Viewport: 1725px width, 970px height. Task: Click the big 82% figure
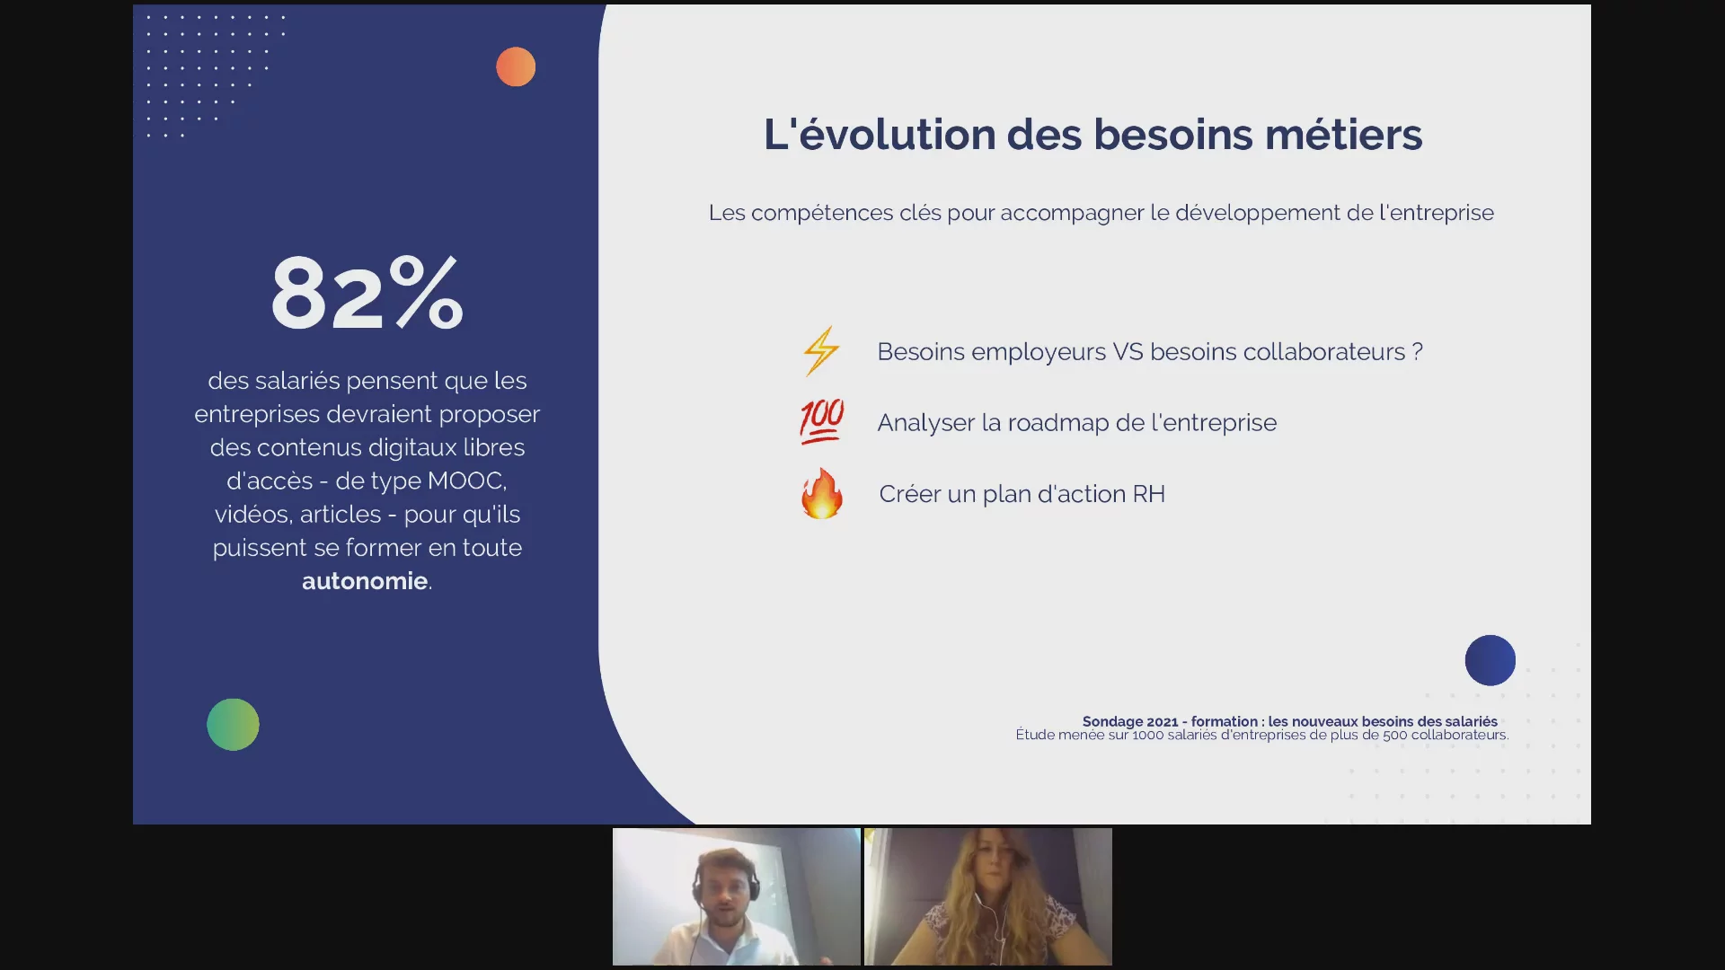[367, 293]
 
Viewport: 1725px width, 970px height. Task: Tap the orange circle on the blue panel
[516, 66]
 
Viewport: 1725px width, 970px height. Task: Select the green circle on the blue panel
[233, 724]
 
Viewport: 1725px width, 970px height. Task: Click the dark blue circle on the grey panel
[1490, 660]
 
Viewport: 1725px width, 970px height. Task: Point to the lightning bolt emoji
[821, 350]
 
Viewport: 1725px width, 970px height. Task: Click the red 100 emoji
[821, 421]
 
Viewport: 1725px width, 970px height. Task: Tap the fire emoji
[821, 493]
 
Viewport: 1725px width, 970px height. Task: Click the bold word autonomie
[365, 581]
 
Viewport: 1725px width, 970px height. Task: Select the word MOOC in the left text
[466, 481]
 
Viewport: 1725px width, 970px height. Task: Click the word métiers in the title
[1343, 135]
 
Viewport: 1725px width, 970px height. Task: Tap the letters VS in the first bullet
[1128, 351]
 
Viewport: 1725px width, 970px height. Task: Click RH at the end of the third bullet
[1148, 494]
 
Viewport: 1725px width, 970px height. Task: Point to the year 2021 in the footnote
[1163, 721]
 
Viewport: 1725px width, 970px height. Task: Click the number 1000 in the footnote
[1147, 735]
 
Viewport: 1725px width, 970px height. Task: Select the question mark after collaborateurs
[1417, 351]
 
